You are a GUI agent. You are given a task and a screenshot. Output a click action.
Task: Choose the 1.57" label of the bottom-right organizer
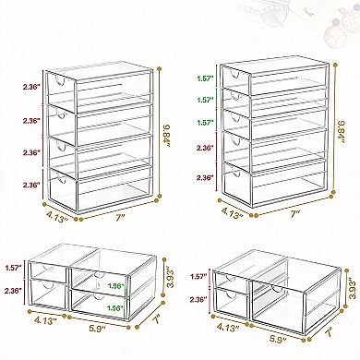tap(198, 275)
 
